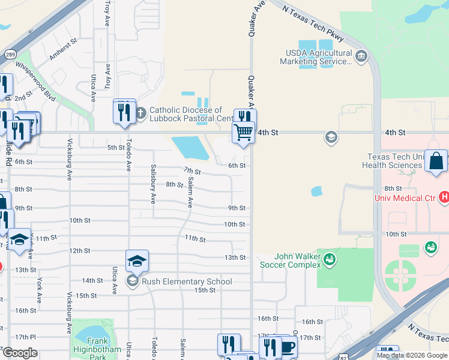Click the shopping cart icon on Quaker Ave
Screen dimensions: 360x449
point(243,132)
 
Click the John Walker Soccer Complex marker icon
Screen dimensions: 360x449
point(329,259)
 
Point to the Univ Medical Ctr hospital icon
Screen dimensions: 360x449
point(444,197)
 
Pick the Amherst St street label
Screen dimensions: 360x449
point(64,50)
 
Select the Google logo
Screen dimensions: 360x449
point(19,352)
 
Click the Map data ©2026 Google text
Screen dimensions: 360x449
point(411,355)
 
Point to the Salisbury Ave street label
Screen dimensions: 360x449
point(154,182)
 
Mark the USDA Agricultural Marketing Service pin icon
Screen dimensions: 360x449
point(361,57)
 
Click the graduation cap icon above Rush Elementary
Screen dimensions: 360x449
point(137,261)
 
